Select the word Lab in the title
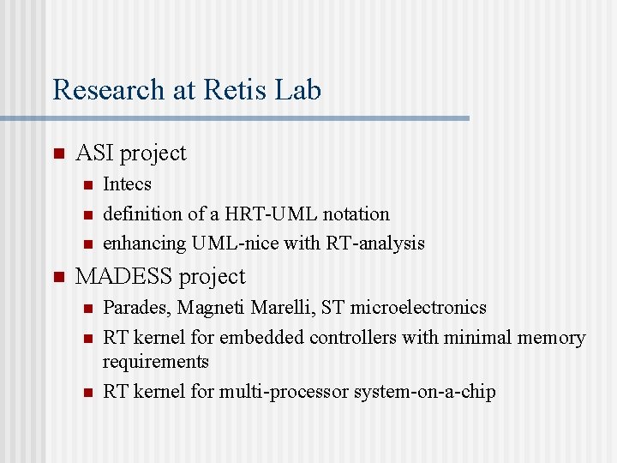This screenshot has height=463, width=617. [299, 90]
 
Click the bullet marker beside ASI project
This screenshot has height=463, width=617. [58, 154]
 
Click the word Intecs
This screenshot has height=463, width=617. [127, 184]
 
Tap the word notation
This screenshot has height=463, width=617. [356, 213]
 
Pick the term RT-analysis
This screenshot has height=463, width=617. [375, 244]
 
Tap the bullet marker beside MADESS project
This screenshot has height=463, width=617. [58, 278]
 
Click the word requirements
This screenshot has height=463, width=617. [156, 362]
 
